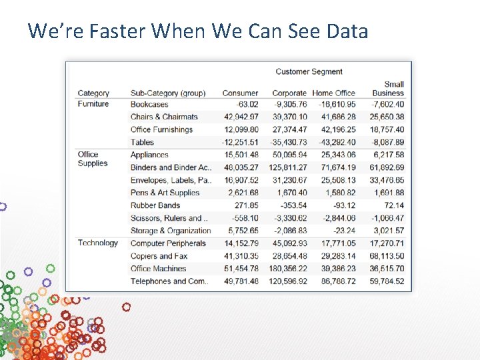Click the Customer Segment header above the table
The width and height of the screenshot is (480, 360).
[309, 71]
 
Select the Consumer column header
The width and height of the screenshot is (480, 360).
[240, 93]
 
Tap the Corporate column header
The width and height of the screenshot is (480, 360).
[289, 93]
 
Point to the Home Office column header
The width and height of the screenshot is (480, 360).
[333, 93]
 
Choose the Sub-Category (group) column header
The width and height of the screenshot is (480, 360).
[168, 93]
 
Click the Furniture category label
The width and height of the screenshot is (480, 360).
[93, 104]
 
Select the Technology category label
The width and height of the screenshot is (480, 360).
[97, 243]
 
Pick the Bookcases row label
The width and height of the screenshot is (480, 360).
[149, 105]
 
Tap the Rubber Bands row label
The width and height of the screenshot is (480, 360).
[155, 205]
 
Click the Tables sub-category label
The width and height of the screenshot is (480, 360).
[142, 142]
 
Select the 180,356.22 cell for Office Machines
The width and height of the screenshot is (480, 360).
[287, 269]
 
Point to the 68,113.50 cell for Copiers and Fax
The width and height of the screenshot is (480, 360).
[387, 256]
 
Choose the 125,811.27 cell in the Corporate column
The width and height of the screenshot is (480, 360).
[287, 167]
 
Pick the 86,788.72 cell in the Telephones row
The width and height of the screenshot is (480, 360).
[338, 281]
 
